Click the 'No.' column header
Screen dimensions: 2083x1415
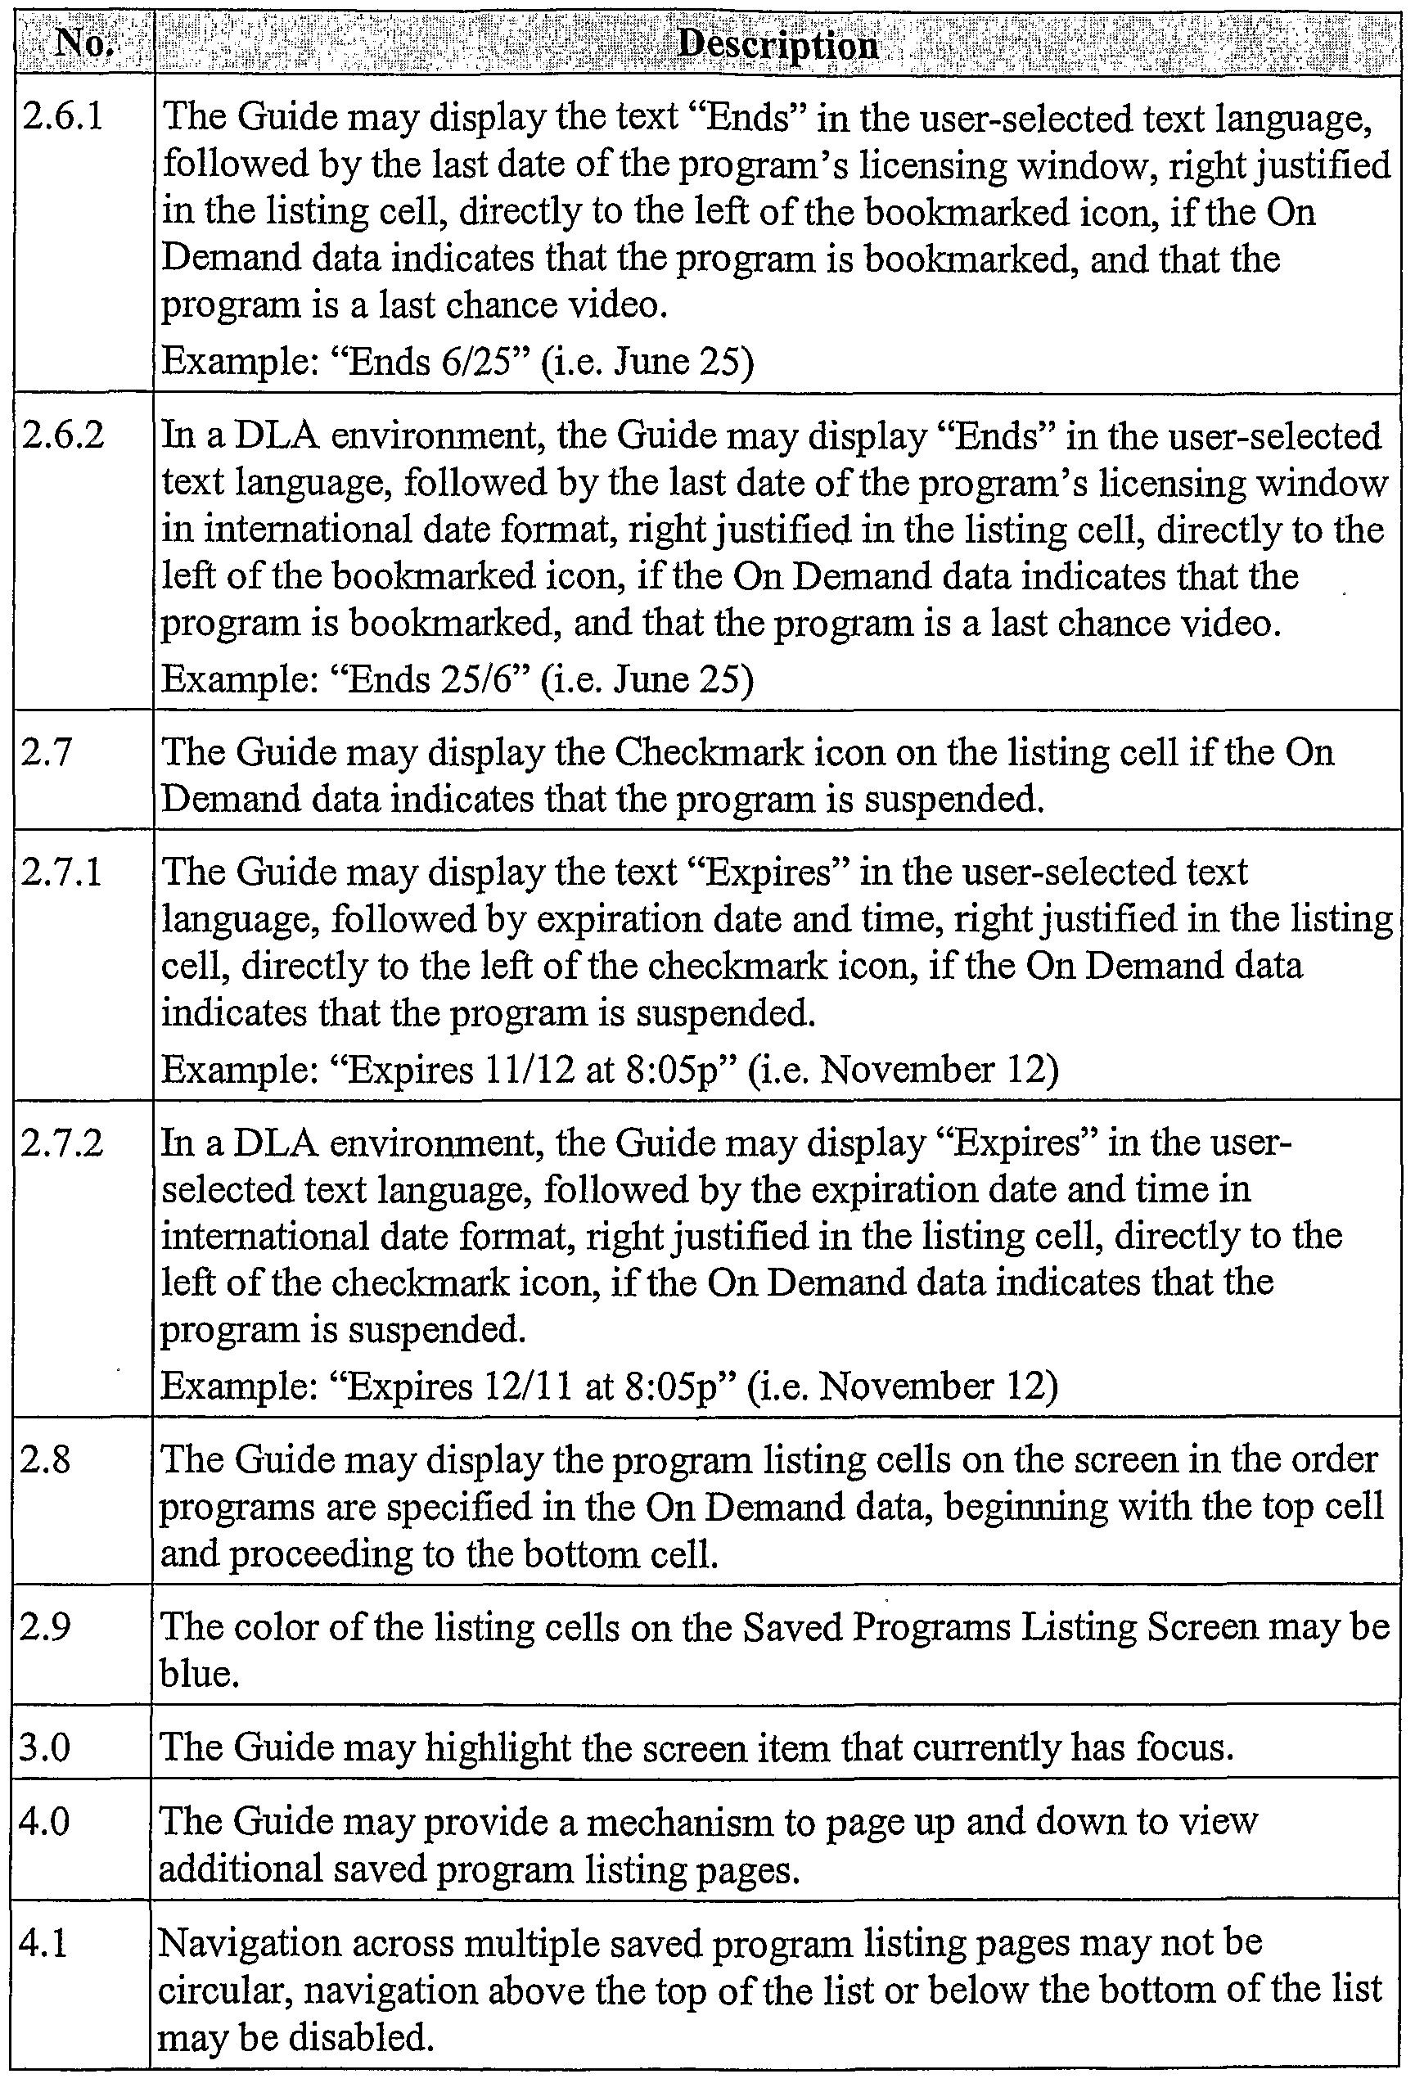[83, 43]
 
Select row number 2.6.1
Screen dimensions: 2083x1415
[63, 116]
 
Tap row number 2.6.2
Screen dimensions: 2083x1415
[63, 435]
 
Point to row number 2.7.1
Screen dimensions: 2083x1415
[63, 872]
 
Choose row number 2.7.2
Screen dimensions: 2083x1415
[63, 1143]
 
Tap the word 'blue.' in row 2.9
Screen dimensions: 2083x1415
[199, 1674]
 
